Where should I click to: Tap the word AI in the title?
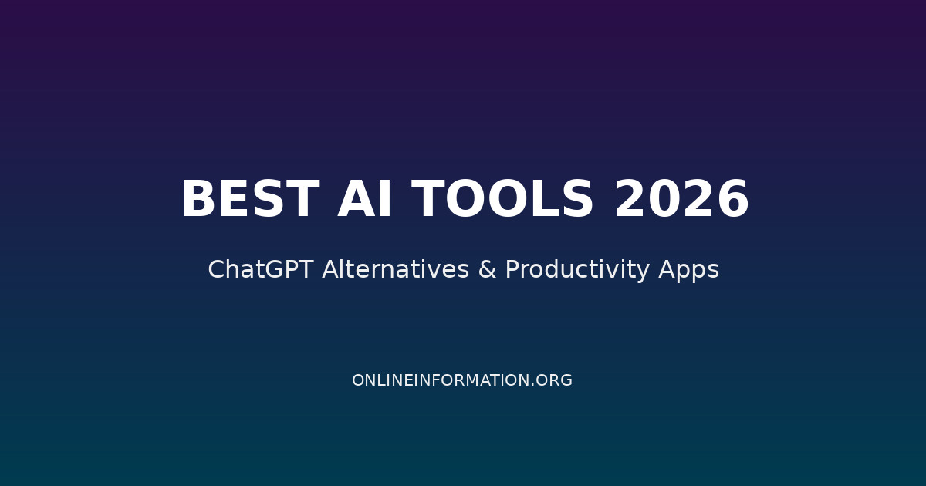point(366,200)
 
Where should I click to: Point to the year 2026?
point(681,200)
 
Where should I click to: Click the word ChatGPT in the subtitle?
point(261,270)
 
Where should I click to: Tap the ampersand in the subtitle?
point(487,270)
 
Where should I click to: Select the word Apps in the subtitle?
point(688,270)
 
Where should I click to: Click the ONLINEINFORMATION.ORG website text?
point(462,380)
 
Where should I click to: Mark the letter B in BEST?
point(199,200)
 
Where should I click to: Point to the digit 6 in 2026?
point(732,200)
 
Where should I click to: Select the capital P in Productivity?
point(512,270)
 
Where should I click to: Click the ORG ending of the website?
point(556,380)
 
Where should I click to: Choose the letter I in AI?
point(386,200)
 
